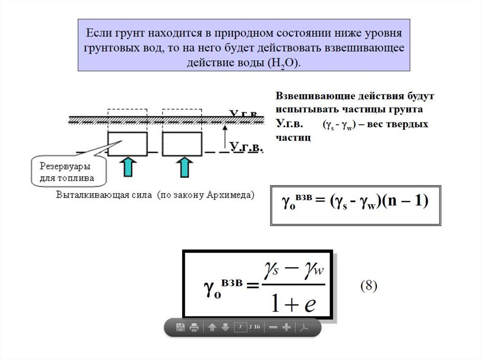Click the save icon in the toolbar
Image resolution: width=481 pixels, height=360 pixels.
[x=180, y=328]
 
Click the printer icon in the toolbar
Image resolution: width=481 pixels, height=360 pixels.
[x=194, y=328]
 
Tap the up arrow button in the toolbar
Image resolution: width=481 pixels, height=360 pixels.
[x=212, y=328]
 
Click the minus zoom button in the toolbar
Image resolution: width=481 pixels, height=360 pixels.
[x=273, y=328]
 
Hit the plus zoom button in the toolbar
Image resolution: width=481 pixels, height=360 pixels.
[x=287, y=328]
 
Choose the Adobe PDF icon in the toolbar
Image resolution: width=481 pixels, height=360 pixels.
[x=304, y=328]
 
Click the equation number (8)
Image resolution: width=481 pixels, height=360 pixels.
[x=369, y=286]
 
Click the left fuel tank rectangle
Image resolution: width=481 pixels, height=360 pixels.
[x=127, y=144]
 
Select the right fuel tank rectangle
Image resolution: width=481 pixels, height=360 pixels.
[x=182, y=144]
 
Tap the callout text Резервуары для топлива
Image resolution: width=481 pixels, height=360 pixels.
[x=66, y=172]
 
